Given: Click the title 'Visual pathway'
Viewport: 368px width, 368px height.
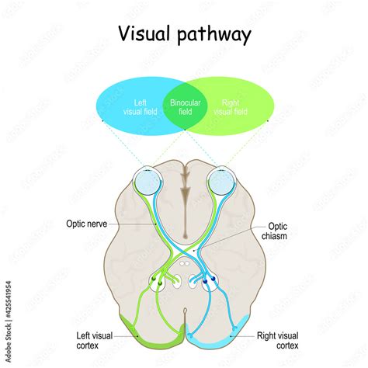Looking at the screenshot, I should [x=184, y=34].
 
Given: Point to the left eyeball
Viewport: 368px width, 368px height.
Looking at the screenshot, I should [x=147, y=182].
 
